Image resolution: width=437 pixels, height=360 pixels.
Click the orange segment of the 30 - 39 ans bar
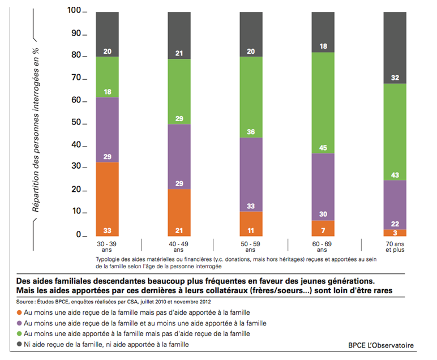coord(107,198)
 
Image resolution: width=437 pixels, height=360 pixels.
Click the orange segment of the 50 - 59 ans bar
coord(251,224)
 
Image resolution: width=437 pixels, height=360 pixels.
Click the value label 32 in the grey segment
coord(395,78)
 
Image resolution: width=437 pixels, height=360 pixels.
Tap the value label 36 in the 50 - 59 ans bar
coord(251,132)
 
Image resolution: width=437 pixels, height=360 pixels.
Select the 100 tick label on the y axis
coord(74,11)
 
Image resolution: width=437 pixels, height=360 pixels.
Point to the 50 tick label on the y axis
coord(76,123)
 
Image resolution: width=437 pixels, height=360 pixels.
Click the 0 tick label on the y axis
coord(79,235)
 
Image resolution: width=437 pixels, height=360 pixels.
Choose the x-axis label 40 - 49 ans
coord(179,246)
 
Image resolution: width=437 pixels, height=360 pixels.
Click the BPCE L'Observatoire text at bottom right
coord(381,345)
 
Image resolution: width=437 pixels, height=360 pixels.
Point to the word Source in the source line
coord(26,302)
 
